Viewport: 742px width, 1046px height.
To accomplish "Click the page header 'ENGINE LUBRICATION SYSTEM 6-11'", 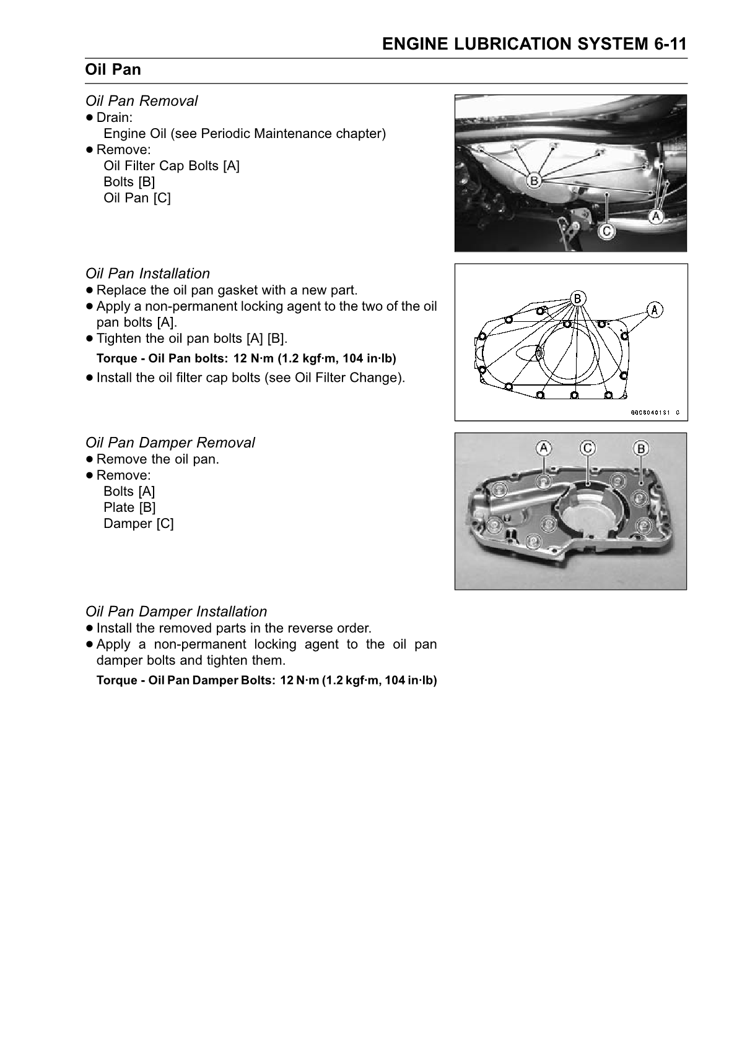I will tap(534, 44).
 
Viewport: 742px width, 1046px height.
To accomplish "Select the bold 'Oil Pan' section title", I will tap(113, 70).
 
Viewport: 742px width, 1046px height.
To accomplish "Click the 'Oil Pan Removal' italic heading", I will tap(142, 101).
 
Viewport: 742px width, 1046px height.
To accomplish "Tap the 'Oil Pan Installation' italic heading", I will tap(147, 274).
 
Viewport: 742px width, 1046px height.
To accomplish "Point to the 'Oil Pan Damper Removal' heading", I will tap(170, 443).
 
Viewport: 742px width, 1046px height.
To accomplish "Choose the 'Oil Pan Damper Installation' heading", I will tap(176, 612).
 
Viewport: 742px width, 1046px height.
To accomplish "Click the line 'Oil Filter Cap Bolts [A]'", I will tap(172, 166).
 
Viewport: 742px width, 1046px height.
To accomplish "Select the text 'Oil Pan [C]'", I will tap(137, 198).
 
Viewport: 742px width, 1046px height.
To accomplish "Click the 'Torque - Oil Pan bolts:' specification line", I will tap(246, 358).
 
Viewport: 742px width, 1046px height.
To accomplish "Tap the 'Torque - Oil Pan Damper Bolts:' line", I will tap(266, 680).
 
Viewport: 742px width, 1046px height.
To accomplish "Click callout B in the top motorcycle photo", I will tap(533, 181).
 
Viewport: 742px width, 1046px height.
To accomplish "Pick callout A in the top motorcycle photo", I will tap(655, 216).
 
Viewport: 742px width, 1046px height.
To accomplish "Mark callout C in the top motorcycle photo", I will tap(606, 231).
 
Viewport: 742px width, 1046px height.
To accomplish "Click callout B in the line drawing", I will tap(577, 298).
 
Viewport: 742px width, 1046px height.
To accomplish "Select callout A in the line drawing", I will tap(655, 309).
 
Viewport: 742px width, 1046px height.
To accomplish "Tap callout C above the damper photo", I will tap(587, 448).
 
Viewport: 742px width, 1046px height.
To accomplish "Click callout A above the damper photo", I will tap(543, 448).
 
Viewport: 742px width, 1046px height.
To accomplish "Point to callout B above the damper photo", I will tap(641, 448).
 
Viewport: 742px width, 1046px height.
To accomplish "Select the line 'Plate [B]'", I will tap(129, 508).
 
